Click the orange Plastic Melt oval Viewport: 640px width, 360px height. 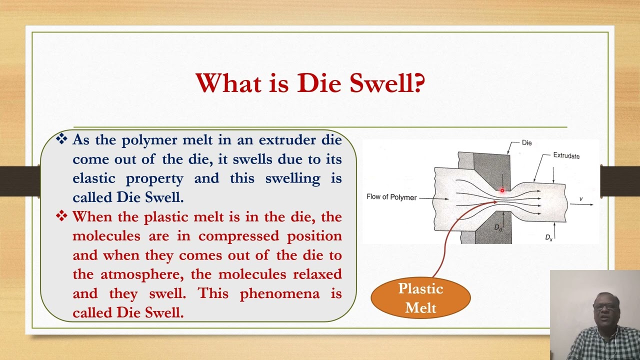[420, 298]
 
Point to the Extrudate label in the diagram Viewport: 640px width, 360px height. [566, 155]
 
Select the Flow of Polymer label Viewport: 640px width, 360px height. [391, 197]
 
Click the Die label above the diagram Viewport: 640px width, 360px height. [526, 143]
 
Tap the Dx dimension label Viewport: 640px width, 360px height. [548, 237]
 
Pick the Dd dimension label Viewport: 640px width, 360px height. [498, 228]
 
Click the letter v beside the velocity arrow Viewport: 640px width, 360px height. [581, 199]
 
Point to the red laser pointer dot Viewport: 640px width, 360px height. [502, 190]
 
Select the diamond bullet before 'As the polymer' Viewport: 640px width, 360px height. [61, 139]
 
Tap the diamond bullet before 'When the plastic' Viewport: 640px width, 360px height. [61, 216]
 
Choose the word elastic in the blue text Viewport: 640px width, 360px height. [95, 178]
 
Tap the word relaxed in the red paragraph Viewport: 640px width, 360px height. [317, 274]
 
